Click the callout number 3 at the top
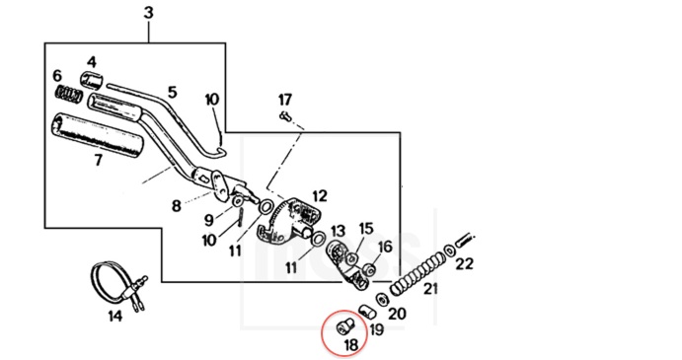pyautogui.click(x=149, y=13)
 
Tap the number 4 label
pyautogui.click(x=92, y=62)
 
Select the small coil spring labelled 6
pyautogui.click(x=69, y=95)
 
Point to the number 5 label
pyautogui.click(x=173, y=93)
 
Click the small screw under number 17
pyautogui.click(x=286, y=116)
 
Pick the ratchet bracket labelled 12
pyautogui.click(x=290, y=219)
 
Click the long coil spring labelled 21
pyautogui.click(x=417, y=275)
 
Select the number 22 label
pyautogui.click(x=464, y=263)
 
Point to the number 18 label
pyautogui.click(x=350, y=345)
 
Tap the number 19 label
pyautogui.click(x=377, y=329)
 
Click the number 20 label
pyautogui.click(x=397, y=313)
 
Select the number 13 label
pyautogui.click(x=338, y=231)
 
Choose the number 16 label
pyautogui.click(x=385, y=247)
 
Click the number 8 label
pyautogui.click(x=176, y=206)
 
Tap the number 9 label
pyautogui.click(x=209, y=220)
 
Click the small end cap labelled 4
pyautogui.click(x=92, y=80)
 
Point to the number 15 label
pyautogui.click(x=366, y=228)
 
